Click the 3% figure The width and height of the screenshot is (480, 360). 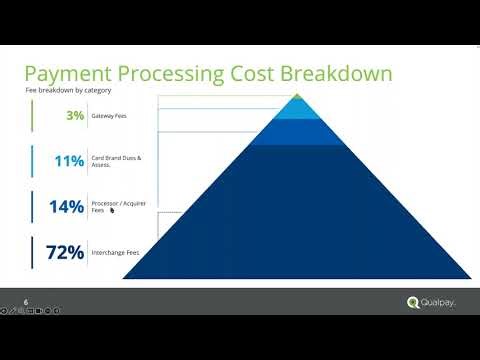point(75,116)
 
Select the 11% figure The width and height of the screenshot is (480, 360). point(70,160)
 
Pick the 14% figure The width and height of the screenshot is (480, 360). point(68,206)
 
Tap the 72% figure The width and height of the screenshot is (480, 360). point(64,252)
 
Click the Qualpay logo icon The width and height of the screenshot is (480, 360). point(413,303)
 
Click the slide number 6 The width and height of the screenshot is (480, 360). point(26,302)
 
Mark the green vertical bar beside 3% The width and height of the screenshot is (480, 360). point(33,116)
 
